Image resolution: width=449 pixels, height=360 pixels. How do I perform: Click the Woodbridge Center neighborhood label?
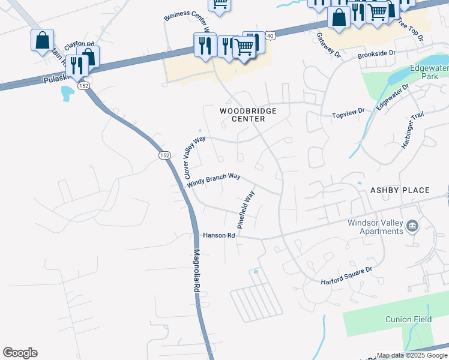tap(242, 115)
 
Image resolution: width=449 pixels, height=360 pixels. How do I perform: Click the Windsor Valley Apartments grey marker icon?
tap(412, 226)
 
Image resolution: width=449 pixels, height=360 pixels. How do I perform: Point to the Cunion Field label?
tap(408, 319)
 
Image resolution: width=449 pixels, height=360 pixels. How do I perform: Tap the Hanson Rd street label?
tap(218, 236)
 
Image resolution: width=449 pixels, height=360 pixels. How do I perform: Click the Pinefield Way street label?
tap(246, 209)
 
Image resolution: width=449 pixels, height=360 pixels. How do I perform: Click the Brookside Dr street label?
tap(376, 53)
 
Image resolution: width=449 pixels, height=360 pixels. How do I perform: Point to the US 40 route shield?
tap(270, 37)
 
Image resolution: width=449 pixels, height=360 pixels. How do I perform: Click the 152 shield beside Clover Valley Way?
tap(165, 155)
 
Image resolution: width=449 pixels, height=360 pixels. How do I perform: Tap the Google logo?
tap(20, 353)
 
